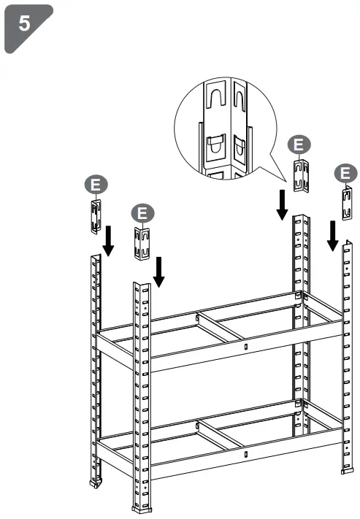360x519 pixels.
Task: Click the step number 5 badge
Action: (x=25, y=25)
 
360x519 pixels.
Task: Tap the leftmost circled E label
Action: (x=94, y=183)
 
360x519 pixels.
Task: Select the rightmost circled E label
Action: (x=345, y=174)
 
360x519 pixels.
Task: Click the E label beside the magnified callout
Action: (x=296, y=144)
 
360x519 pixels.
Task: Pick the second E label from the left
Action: (x=142, y=212)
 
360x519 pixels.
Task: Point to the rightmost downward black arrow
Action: (x=332, y=235)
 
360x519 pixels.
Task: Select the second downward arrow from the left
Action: (x=158, y=271)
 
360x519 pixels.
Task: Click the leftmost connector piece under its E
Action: (x=95, y=215)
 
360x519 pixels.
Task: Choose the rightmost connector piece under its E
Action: (x=348, y=203)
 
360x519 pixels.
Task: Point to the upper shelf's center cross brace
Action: (x=219, y=326)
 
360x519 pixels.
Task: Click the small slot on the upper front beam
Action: (x=246, y=347)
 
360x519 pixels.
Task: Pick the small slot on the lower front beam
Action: (x=246, y=455)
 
